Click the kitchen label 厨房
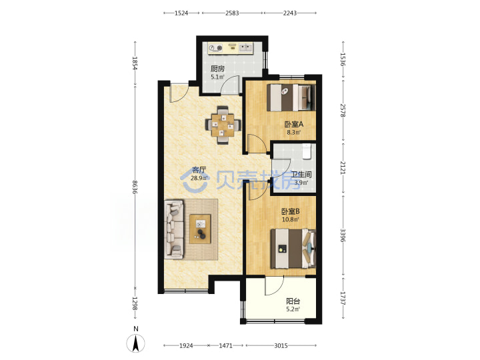tap(217, 69)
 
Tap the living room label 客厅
tap(199, 170)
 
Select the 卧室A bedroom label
tap(293, 124)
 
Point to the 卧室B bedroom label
tap(291, 211)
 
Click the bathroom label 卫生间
tap(301, 175)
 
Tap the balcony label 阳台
tap(293, 301)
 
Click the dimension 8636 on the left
tap(135, 187)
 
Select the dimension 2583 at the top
tap(232, 13)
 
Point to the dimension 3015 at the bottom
tap(281, 345)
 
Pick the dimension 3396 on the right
tap(343, 235)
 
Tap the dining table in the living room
tap(223, 125)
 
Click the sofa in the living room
tap(174, 229)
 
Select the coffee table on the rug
tap(200, 229)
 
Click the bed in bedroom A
tap(291, 97)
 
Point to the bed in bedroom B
tap(293, 249)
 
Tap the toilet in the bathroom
tap(307, 151)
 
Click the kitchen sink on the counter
tap(245, 47)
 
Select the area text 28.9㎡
tap(199, 178)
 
